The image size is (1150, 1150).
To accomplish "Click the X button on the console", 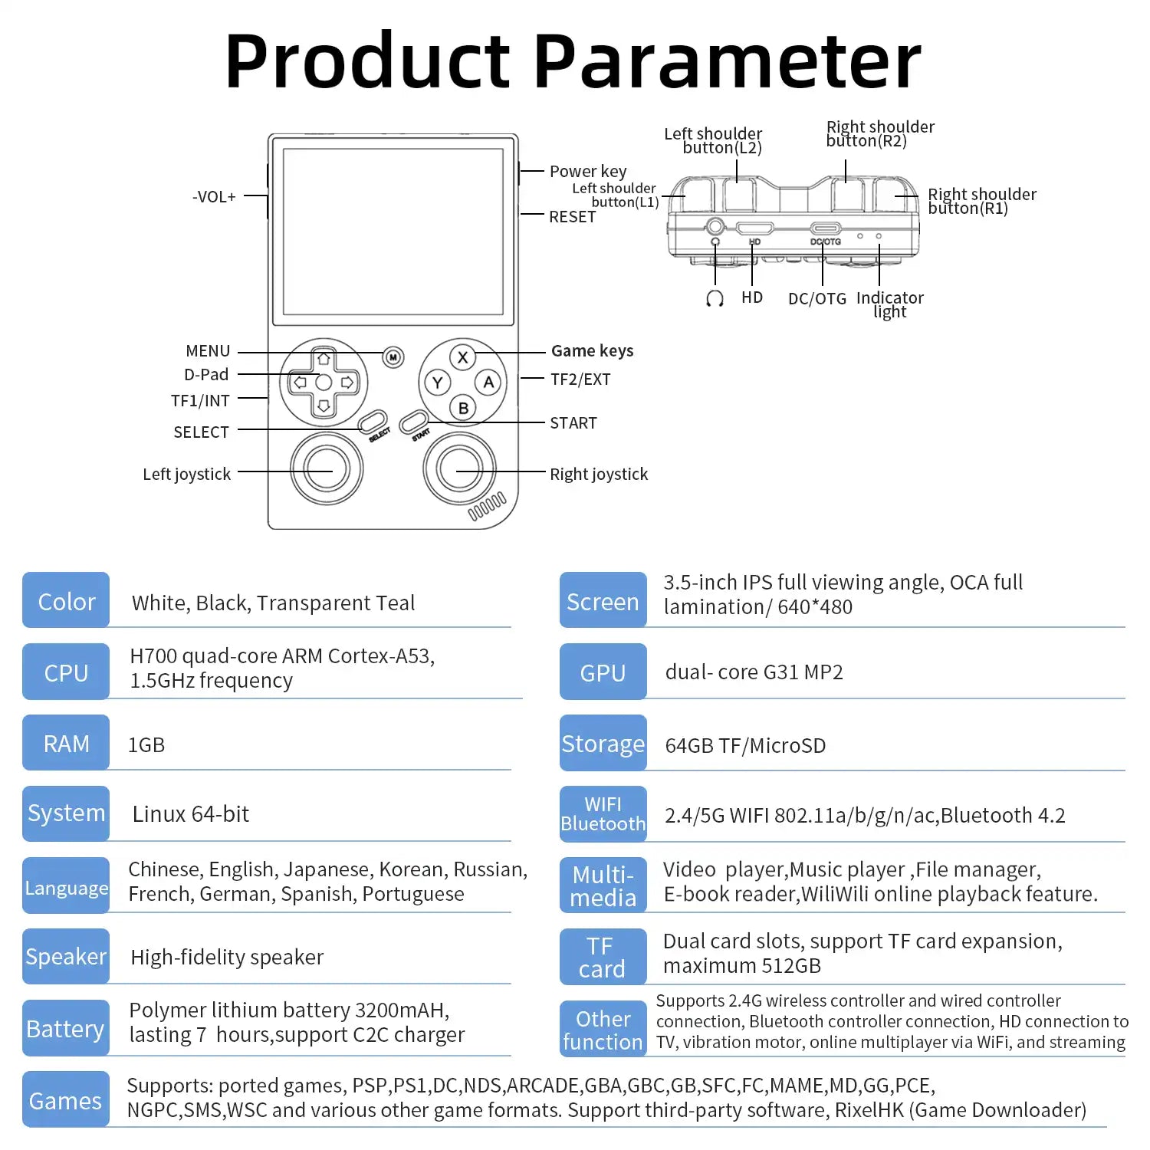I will [x=462, y=357].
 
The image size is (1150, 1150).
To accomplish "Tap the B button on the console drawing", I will [x=462, y=408].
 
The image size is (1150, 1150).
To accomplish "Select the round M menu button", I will [x=393, y=357].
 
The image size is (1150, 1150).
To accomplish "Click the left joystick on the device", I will [x=327, y=468].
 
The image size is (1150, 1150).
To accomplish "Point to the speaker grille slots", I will [x=488, y=507].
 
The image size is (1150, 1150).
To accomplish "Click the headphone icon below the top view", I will [x=715, y=298].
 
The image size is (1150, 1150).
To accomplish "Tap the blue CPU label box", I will [x=66, y=672].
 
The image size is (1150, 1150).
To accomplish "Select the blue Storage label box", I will [x=603, y=744].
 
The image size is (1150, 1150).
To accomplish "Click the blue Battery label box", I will [x=66, y=1029].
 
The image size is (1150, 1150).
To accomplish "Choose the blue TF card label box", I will [x=603, y=957].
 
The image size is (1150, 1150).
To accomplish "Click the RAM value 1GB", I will [x=146, y=745].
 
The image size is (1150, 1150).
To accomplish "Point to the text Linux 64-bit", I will [x=191, y=814].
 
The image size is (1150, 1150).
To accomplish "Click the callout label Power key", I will [x=588, y=172].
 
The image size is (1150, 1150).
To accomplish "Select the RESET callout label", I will [x=572, y=217].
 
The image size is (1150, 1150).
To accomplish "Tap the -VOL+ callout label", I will [x=214, y=197].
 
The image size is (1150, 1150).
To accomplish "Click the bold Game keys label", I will [x=592, y=351].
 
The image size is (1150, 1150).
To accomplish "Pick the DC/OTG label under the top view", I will [x=817, y=299].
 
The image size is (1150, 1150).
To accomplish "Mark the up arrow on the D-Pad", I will [x=324, y=359].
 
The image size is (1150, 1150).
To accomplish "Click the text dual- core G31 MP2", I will [x=754, y=672].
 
